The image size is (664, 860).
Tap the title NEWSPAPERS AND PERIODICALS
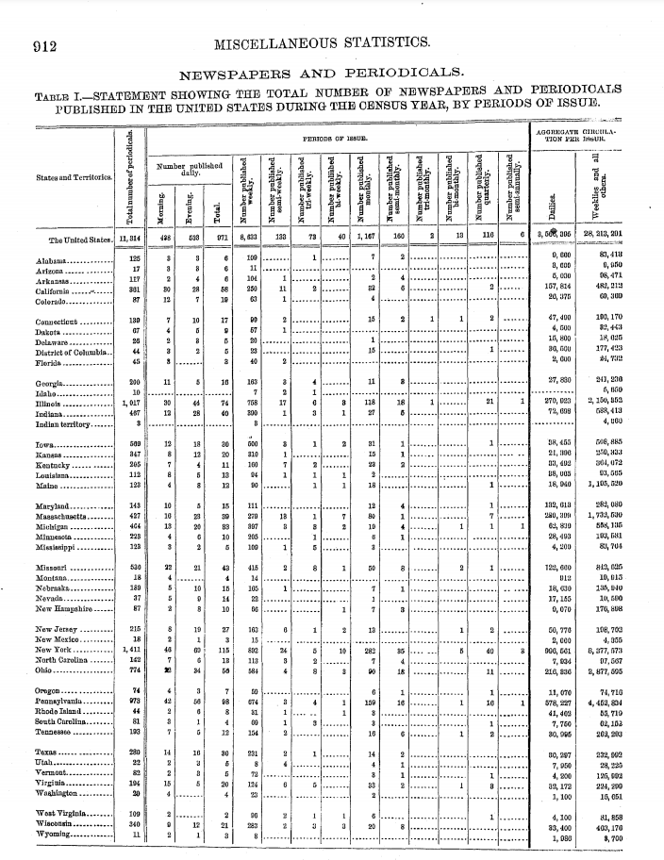[x=332, y=73]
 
